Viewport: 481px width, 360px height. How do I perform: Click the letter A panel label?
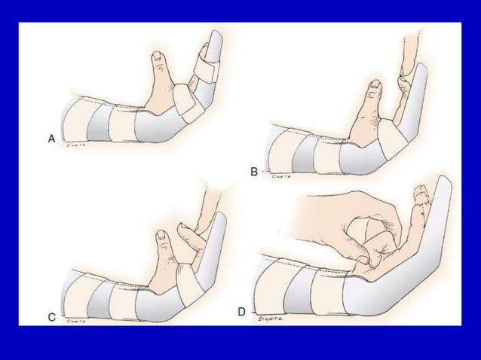(51, 139)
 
